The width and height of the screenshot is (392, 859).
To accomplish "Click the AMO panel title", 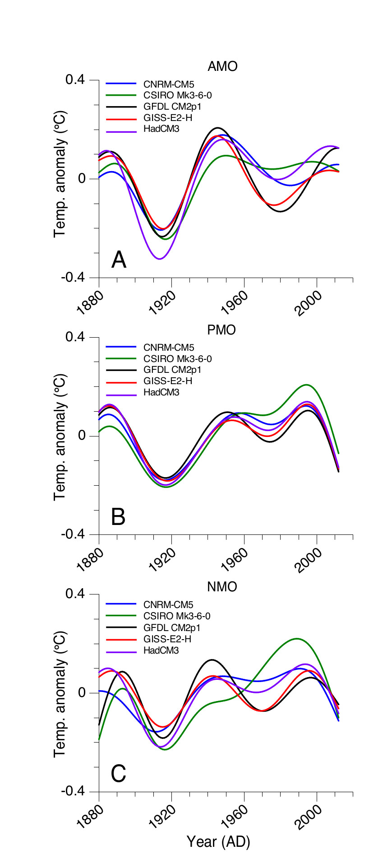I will (222, 67).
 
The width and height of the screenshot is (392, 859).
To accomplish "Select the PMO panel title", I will (221, 330).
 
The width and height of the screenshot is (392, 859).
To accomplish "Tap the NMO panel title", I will (222, 587).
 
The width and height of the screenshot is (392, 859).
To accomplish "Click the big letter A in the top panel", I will (119, 260).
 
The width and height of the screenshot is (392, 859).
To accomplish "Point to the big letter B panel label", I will (118, 517).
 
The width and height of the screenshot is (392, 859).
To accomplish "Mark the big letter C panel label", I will (118, 774).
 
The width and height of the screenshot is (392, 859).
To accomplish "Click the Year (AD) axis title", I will (218, 842).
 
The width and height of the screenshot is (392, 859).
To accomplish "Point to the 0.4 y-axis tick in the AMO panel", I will (75, 80).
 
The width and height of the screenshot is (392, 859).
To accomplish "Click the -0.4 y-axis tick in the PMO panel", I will (73, 534).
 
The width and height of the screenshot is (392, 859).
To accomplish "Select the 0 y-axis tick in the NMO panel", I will (82, 693).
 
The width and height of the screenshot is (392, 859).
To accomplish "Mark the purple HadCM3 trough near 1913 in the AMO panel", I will (159, 259).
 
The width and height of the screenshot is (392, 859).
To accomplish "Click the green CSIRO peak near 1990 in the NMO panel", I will (296, 639).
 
